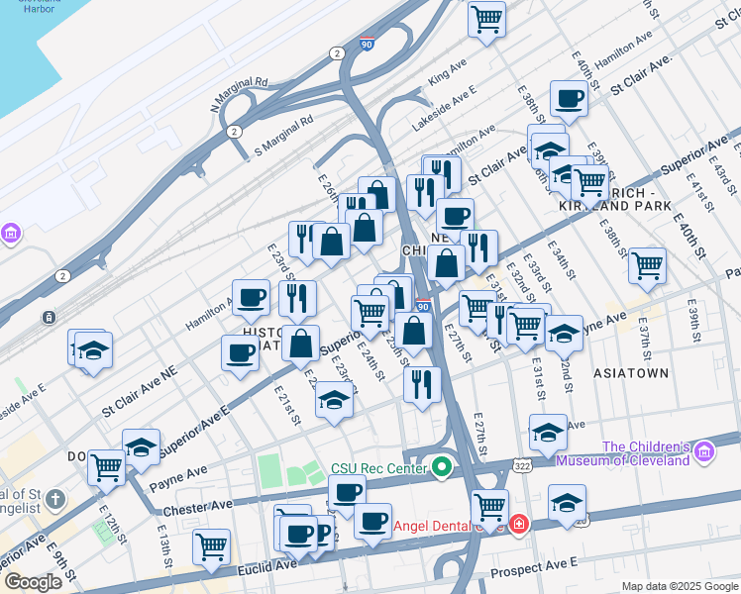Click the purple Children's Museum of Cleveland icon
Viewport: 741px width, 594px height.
pyautogui.click(x=704, y=452)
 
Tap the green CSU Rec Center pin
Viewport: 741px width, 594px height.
pyautogui.click(x=443, y=466)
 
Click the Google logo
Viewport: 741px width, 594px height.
pyautogui.click(x=33, y=582)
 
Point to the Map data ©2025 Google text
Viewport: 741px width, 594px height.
pyautogui.click(x=680, y=586)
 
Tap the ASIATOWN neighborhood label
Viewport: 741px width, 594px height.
pyautogui.click(x=630, y=373)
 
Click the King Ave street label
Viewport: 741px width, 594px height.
pyautogui.click(x=447, y=72)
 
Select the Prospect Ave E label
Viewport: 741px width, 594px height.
pyautogui.click(x=535, y=563)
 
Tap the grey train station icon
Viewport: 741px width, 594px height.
pyautogui.click(x=48, y=318)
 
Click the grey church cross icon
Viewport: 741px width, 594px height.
pyautogui.click(x=57, y=499)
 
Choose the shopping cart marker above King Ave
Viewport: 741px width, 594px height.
pyautogui.click(x=486, y=19)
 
